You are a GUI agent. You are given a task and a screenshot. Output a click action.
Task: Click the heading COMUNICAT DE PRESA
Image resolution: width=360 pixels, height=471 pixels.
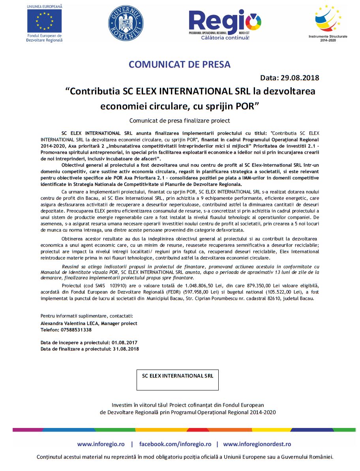[x=180, y=64]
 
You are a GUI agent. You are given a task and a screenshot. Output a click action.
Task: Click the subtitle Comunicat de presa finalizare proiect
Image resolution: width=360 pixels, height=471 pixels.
[x=180, y=120]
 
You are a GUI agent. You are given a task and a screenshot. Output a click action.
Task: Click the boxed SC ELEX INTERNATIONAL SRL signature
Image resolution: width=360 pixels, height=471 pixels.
[x=177, y=376]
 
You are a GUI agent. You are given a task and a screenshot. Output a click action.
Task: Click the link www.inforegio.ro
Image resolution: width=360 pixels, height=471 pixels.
[x=101, y=444]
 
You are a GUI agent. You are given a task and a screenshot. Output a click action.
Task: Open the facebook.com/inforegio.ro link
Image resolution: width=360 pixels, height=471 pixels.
[x=175, y=444]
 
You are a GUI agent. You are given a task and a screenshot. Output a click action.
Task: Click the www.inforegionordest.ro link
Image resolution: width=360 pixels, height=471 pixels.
[x=257, y=444]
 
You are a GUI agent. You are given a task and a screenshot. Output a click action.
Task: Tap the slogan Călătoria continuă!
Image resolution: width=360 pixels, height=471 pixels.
[x=225, y=38]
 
